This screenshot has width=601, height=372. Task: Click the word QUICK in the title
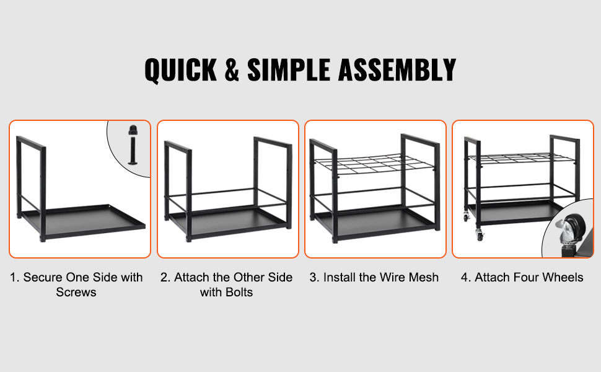point(181,71)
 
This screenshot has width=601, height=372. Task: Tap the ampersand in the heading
point(232,70)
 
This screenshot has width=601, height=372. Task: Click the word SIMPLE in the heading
point(288,70)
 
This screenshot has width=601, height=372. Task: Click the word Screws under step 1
point(76,292)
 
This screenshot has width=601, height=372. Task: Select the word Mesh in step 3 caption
point(424,277)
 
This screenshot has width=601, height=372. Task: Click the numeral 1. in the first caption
point(15,277)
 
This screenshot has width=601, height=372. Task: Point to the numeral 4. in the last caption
point(466,277)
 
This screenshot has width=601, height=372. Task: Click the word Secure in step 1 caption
point(42,277)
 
